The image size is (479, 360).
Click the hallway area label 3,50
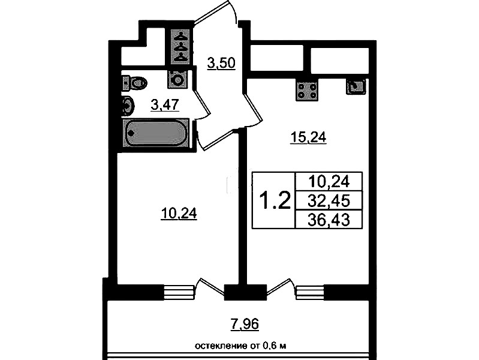[221, 64]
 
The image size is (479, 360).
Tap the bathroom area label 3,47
[165, 105]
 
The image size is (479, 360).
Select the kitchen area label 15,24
[308, 137]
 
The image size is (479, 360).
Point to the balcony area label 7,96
[245, 324]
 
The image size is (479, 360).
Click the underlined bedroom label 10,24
[179, 214]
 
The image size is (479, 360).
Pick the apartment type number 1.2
[275, 200]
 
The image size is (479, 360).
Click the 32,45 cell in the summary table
[329, 201]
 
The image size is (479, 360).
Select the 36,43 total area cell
[329, 220]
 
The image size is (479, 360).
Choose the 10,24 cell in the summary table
[329, 182]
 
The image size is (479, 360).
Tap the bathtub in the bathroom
[156, 133]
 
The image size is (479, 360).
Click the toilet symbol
[134, 83]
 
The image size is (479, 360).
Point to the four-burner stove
[307, 90]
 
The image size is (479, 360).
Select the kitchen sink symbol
[356, 86]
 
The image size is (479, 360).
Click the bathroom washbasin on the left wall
[128, 106]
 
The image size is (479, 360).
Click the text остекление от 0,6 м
[241, 346]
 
